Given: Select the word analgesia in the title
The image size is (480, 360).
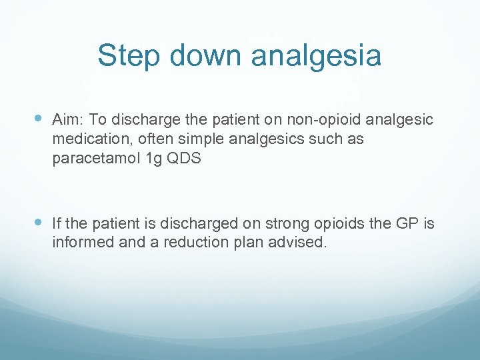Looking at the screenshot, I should click(316, 56).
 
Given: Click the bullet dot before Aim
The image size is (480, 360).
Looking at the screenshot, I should click(38, 119).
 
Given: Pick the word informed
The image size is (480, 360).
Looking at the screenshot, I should click(80, 242).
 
